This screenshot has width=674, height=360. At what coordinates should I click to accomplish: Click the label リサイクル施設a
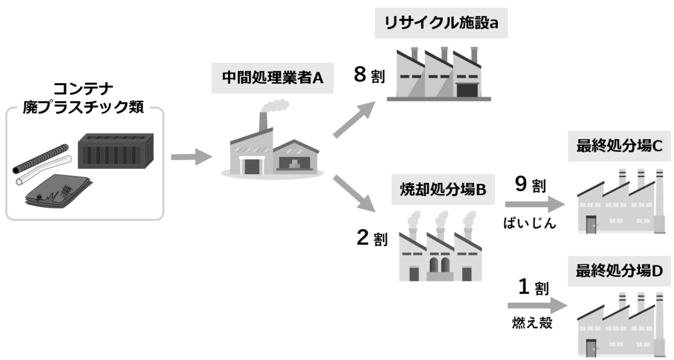click(x=441, y=23)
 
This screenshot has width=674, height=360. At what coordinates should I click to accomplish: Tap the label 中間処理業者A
click(x=272, y=77)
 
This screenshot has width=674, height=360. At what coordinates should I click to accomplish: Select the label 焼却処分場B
click(x=443, y=191)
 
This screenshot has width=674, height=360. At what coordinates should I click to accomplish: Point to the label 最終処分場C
click(x=619, y=146)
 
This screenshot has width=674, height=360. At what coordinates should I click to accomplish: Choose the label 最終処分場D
click(x=619, y=270)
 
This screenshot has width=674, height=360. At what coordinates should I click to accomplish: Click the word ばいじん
click(x=530, y=223)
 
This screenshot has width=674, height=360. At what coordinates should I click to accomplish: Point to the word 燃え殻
click(x=530, y=323)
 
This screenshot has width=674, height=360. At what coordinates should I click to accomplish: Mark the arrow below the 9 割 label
click(x=534, y=204)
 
